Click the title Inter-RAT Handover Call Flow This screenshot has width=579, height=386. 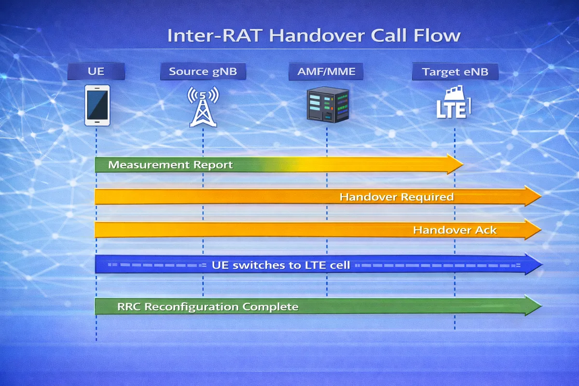pos(314,36)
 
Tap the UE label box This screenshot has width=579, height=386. pos(96,72)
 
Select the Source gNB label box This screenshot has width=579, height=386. pos(203,72)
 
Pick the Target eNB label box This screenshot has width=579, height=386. pos(455,72)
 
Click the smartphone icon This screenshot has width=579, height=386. pos(97,105)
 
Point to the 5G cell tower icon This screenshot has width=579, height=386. pos(203,107)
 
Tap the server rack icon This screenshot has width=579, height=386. pos(327,104)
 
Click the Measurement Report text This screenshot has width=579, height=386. pos(170,165)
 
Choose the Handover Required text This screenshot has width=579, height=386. pos(396,197)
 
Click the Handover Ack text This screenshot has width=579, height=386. pos(455,230)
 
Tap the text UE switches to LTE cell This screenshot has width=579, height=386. pos(281,265)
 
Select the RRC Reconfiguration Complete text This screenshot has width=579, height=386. pos(207,306)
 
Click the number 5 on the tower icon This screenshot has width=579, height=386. pos(203,93)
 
